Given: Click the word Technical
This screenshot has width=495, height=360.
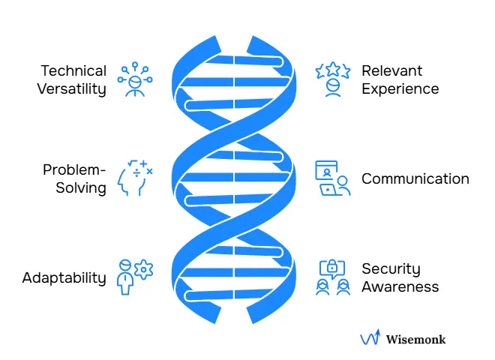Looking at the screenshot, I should (x=73, y=71).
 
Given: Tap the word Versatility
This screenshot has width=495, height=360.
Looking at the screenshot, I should (x=73, y=88).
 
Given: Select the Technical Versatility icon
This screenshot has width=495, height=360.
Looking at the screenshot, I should (x=135, y=79).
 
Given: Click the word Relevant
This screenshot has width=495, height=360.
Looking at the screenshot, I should (x=392, y=71).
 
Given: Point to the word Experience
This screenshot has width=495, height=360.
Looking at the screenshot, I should (x=400, y=88).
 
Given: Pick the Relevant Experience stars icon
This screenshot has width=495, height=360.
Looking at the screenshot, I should (x=333, y=79).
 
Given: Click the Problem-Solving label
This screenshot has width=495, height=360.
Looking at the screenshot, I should (x=74, y=178).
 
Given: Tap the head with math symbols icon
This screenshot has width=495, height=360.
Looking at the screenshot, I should (x=135, y=179).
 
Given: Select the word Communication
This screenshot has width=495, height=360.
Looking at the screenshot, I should (x=415, y=178).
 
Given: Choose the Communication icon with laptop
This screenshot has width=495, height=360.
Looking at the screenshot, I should (x=332, y=178).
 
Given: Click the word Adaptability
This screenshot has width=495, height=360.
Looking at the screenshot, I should (x=64, y=277).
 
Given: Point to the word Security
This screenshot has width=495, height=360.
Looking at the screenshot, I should (x=391, y=268).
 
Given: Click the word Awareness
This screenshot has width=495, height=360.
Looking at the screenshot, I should (x=400, y=286).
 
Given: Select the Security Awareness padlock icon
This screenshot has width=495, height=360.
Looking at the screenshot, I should (x=332, y=277).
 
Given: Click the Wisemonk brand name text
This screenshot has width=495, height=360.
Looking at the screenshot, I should (x=415, y=339).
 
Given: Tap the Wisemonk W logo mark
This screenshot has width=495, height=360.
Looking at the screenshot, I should (x=370, y=338).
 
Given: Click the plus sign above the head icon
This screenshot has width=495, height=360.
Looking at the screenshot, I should (x=142, y=163).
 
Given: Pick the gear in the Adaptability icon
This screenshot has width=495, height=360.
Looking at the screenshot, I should (x=143, y=268).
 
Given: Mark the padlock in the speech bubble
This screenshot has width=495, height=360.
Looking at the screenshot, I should (x=332, y=268).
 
